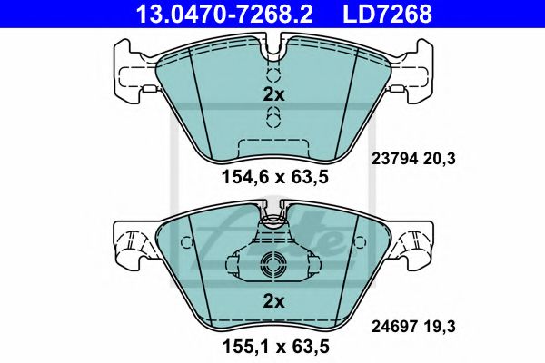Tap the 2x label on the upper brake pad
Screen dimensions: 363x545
[273, 94]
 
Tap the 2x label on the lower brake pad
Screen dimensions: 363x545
[273, 300]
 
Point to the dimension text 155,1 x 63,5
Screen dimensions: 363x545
[272, 346]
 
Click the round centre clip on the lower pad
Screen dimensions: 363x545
[272, 265]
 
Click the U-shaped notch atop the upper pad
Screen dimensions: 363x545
[272, 42]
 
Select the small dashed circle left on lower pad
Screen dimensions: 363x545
[187, 242]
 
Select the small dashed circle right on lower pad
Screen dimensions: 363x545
[357, 242]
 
